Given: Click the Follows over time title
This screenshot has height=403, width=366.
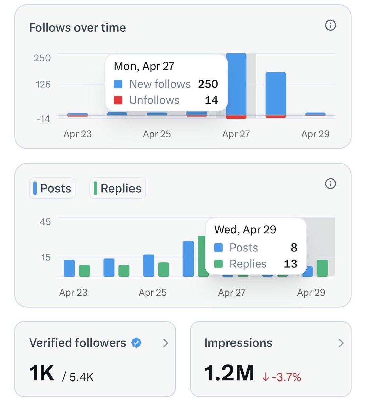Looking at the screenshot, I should point(77,28).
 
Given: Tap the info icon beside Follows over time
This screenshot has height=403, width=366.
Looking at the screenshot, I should point(330,25).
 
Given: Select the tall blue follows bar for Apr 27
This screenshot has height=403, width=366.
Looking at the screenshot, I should point(236,84).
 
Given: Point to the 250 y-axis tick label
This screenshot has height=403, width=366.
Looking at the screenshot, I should point(42,58).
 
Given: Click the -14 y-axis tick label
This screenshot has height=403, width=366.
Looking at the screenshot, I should point(43,119).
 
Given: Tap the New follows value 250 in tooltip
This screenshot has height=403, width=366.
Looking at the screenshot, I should point(208,84).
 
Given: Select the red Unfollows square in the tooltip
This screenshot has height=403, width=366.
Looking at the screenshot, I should point(118,100).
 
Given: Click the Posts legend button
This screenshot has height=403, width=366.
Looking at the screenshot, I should point(52,188).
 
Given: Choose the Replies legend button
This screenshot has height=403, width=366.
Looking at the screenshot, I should point(117,188).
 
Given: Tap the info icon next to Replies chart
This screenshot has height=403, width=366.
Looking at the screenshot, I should point(330,184).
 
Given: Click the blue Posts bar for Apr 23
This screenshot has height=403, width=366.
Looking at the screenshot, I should point(69,268).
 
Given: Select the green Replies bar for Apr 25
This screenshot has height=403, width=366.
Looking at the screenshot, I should point(163,269).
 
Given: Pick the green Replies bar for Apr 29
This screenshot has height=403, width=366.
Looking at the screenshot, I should point(322,268).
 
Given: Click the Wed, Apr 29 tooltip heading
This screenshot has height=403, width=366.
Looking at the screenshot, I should point(245,230).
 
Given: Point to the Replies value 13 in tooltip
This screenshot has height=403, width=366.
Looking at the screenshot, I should point(290,264).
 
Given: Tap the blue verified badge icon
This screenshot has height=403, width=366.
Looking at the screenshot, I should point(136,343).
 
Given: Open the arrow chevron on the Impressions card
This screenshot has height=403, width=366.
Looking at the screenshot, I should point(341,343).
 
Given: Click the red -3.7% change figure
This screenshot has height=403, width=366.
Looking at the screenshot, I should point(286,377).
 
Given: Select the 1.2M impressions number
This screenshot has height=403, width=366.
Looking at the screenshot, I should point(229,373).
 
